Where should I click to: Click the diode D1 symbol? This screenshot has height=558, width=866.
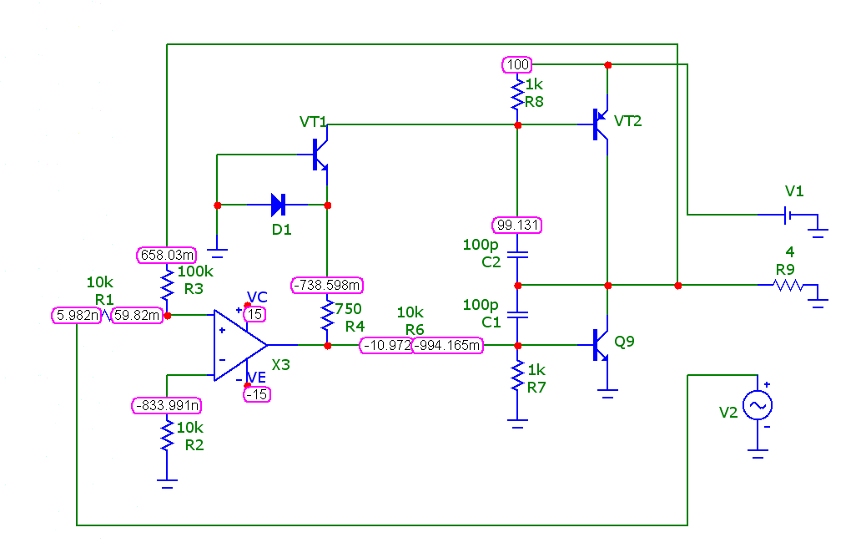[279, 205]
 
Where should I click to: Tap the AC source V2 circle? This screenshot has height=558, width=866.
[758, 405]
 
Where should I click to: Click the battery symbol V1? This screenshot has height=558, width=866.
[788, 214]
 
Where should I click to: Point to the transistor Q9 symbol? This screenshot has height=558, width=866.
[601, 345]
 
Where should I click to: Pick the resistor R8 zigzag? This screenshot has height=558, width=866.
[517, 94]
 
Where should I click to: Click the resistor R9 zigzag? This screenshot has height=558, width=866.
[788, 286]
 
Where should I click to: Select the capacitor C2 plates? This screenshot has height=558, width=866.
[517, 255]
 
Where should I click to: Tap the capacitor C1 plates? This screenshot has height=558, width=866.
[517, 315]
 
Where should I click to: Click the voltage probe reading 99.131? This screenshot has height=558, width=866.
[517, 225]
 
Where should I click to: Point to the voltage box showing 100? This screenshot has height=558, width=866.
[517, 64]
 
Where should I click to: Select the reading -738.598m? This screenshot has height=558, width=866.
[327, 286]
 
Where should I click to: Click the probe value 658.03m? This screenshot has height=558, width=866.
[166, 255]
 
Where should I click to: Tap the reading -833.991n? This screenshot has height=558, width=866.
[167, 405]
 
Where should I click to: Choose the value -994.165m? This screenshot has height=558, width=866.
[447, 346]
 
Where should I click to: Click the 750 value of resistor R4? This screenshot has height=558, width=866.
[348, 308]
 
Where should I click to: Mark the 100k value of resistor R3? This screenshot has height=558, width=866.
[195, 271]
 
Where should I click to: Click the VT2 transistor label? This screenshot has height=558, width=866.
[628, 121]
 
